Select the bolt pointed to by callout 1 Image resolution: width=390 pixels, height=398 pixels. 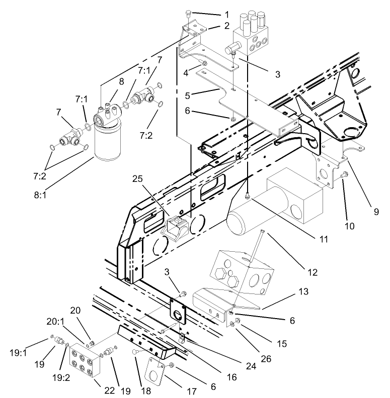(188, 13)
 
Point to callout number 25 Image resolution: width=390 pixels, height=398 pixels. (139, 178)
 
